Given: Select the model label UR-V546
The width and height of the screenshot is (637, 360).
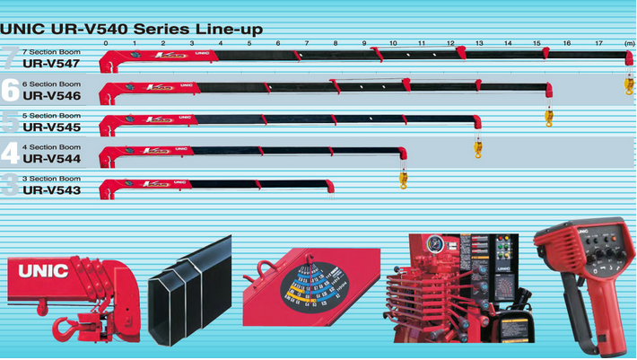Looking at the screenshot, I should coord(52,94).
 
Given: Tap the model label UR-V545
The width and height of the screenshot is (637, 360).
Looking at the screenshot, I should coord(52,127).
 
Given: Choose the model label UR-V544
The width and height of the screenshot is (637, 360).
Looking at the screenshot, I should coord(52,158).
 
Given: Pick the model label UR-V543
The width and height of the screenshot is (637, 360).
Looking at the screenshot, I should coord(52,190).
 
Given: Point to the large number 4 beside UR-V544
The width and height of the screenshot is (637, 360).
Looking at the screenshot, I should coord(10,154).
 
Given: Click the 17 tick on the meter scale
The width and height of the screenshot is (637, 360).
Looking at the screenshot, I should coord(598,43).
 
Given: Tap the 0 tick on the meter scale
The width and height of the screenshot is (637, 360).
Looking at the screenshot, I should coord(106,43).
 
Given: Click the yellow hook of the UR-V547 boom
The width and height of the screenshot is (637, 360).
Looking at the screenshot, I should coord(629,86).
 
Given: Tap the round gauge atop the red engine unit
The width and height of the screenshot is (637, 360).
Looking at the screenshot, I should coord(434,243).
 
